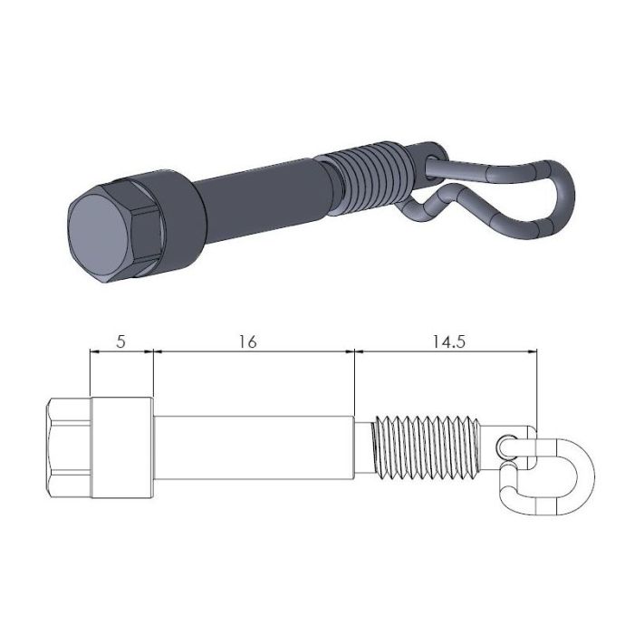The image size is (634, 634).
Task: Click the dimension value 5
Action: pos(120,341)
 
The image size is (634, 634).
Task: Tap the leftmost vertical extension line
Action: pos(91,371)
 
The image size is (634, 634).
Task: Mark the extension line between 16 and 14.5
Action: pos(353,380)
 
